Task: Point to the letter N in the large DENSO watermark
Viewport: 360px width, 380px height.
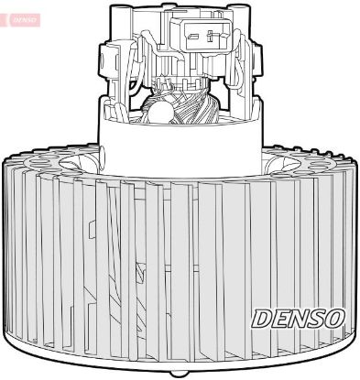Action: point(300,318)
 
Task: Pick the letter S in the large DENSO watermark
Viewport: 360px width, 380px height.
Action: point(317,318)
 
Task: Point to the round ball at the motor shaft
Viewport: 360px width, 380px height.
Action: point(158,112)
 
